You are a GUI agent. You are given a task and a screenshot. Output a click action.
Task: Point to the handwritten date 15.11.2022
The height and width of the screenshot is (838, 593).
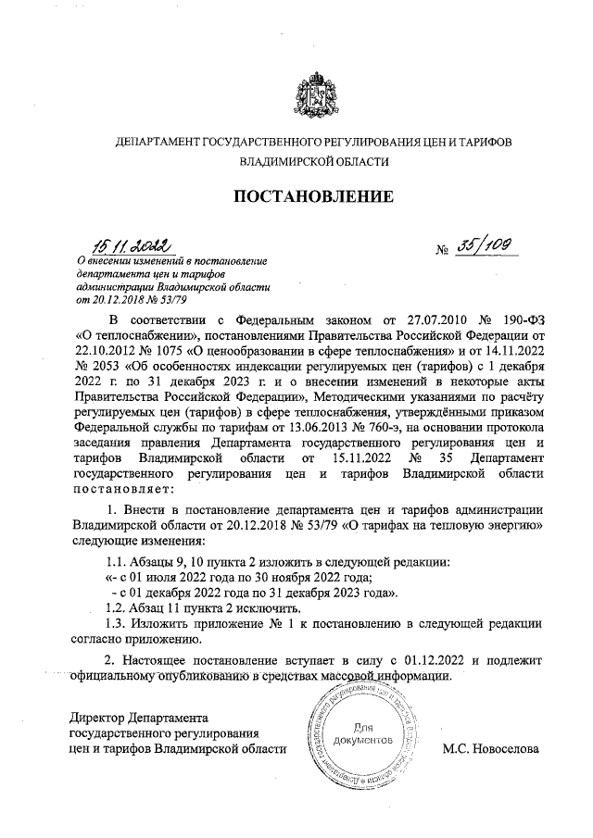click(x=131, y=245)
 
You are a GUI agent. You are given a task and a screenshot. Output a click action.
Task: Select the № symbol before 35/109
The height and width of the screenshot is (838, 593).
click(x=444, y=251)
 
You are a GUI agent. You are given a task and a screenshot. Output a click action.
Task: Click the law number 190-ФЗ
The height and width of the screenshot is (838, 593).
click(x=517, y=319)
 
